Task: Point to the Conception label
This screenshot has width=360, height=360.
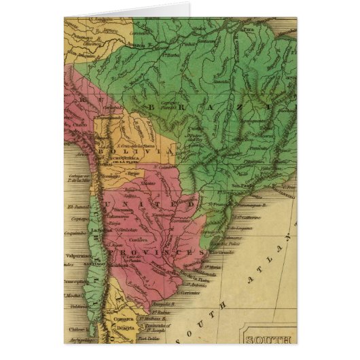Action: point(75,278)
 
